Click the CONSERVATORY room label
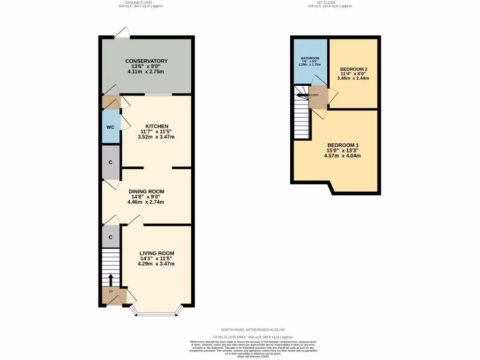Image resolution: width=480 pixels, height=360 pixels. pyautogui.click(x=146, y=61)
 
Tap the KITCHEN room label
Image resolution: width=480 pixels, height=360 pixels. pyautogui.click(x=157, y=127)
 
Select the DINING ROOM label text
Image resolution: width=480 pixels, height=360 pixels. pyautogui.click(x=146, y=191)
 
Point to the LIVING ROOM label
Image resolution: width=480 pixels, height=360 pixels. pyautogui.click(x=156, y=253)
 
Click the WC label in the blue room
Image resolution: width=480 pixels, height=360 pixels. pyautogui.click(x=110, y=127)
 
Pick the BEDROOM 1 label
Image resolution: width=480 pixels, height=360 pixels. pyautogui.click(x=343, y=145)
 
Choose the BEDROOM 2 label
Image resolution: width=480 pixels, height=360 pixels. pyautogui.click(x=353, y=69)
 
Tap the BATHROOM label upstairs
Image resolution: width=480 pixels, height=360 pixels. pyautogui.click(x=310, y=59)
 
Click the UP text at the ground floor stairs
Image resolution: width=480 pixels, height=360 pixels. pyautogui.click(x=111, y=292)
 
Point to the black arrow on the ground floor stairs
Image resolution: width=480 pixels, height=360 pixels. pyautogui.click(x=111, y=279)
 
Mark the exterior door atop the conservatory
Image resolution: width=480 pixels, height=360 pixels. pyautogui.click(x=122, y=33)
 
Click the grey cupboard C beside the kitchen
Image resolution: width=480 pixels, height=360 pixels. pyautogui.click(x=111, y=162)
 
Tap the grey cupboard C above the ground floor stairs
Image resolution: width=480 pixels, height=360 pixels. pyautogui.click(x=111, y=237)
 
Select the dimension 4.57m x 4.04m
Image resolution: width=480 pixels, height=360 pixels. pyautogui.click(x=343, y=156)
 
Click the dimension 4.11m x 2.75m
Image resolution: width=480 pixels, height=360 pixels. pyautogui.click(x=146, y=72)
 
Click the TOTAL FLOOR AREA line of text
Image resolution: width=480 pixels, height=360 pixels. pyautogui.click(x=253, y=337)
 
